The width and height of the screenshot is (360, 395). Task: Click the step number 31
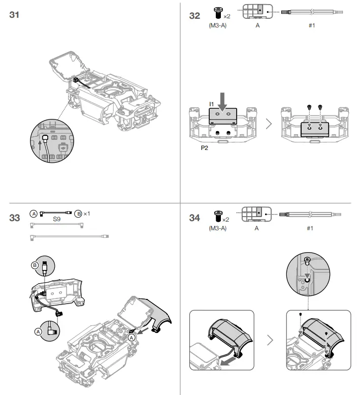pyautogui.click(x=15, y=15)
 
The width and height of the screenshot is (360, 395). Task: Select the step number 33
pyautogui.click(x=15, y=218)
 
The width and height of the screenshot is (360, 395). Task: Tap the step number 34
pyautogui.click(x=194, y=218)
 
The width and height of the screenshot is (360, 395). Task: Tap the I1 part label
pyautogui.click(x=212, y=104)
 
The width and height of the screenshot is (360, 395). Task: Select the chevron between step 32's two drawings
pyautogui.click(x=269, y=124)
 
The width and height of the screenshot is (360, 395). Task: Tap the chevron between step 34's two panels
pyautogui.click(x=270, y=340)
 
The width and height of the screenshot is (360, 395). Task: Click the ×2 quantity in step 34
pyautogui.click(x=226, y=219)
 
